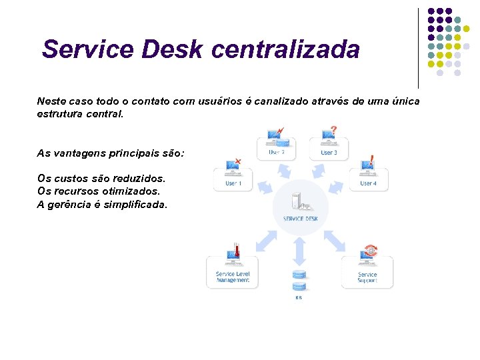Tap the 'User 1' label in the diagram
click(x=233, y=183)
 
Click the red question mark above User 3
click(x=333, y=129)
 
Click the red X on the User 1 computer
click(x=239, y=161)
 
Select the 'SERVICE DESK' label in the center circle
click(x=300, y=219)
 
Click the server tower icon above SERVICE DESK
click(x=298, y=199)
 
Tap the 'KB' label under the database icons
click(x=299, y=298)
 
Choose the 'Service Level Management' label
click(x=233, y=277)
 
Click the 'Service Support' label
click(x=367, y=277)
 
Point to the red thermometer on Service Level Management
click(x=237, y=251)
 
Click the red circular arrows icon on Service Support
click(x=370, y=251)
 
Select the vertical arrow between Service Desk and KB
click(x=299, y=251)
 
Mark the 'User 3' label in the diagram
click(x=329, y=153)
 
